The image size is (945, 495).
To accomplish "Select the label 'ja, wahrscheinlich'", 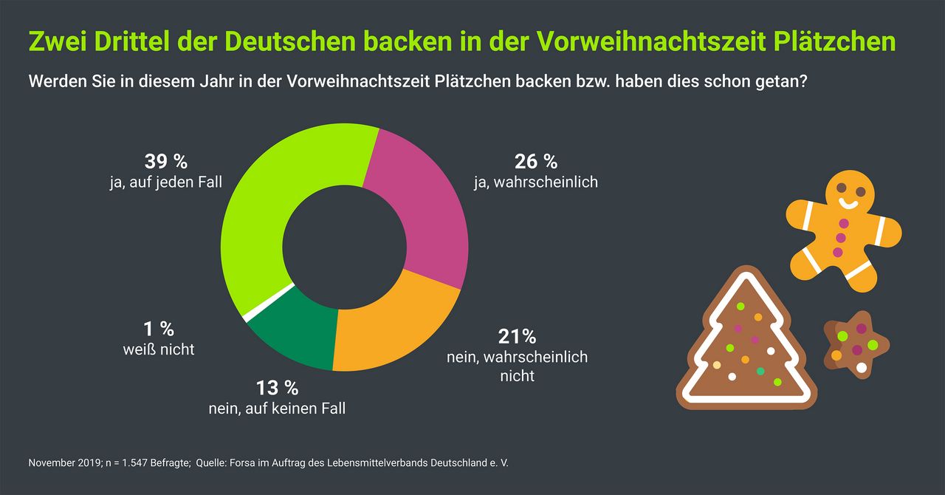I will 535,182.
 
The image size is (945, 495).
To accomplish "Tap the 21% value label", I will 517,337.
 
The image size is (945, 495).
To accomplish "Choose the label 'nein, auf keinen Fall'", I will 277,407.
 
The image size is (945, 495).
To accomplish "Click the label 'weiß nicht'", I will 159,349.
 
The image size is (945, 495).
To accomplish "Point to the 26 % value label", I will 535,161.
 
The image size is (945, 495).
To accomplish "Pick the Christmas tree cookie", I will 746,344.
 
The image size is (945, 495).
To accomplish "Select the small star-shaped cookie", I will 855,344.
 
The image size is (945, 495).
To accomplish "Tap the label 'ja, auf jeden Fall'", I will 165,182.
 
